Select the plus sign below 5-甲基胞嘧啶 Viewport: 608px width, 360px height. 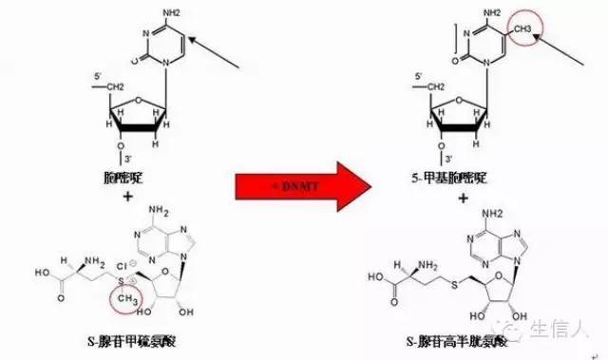tap(462, 197)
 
